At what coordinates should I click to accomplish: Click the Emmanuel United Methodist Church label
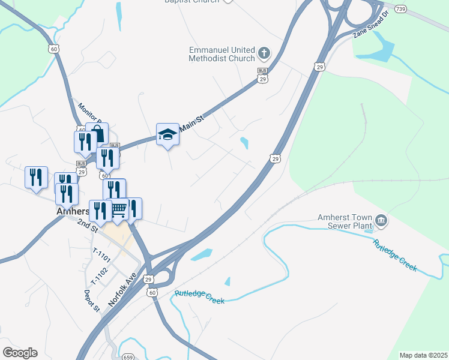[x=222, y=54]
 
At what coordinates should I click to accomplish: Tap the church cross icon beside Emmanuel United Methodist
[x=264, y=54]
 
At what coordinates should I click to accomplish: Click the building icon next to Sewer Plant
[x=382, y=222]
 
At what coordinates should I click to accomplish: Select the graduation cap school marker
[x=168, y=136]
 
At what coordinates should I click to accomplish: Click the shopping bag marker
[x=97, y=134]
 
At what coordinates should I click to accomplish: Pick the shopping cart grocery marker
[x=119, y=209]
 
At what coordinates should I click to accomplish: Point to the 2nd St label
[x=87, y=226]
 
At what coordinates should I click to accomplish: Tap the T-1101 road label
[x=102, y=256]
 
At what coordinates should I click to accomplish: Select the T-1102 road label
[x=99, y=275]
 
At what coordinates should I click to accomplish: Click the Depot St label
[x=92, y=301]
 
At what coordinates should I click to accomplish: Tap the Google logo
[x=20, y=353]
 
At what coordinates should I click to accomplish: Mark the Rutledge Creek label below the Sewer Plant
[x=394, y=256]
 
